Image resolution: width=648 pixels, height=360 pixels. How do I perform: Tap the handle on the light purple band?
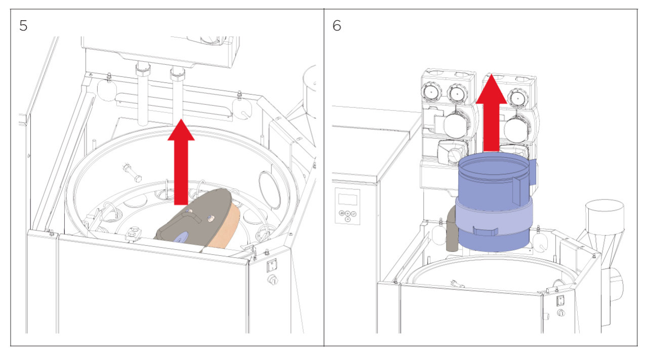coord(485,231)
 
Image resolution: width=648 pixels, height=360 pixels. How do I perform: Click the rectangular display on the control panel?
coord(347,197)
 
